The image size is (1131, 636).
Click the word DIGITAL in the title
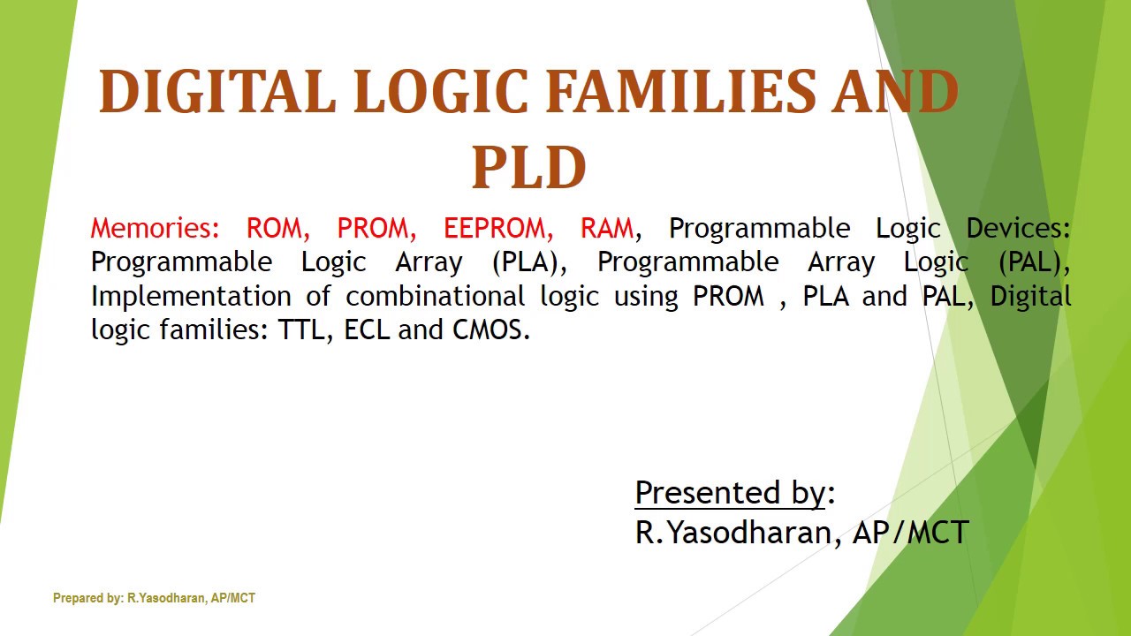(217, 92)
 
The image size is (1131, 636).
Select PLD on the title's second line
(528, 168)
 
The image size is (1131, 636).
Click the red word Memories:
(156, 228)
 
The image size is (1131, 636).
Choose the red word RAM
(606, 228)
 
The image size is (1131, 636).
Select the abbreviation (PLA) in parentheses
(528, 262)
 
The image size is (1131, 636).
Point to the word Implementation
(191, 296)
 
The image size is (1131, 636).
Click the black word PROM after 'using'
(728, 296)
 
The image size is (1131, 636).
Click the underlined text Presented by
(730, 492)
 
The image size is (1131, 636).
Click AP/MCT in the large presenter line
(911, 532)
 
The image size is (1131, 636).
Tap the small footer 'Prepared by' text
(154, 598)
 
